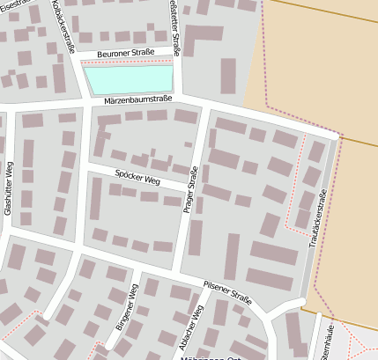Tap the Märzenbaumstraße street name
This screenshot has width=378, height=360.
137,99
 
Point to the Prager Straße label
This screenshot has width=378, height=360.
193,191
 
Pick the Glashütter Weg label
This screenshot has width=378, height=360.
8,188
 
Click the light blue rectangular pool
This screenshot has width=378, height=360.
129,80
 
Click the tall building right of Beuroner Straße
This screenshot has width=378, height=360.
228,76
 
